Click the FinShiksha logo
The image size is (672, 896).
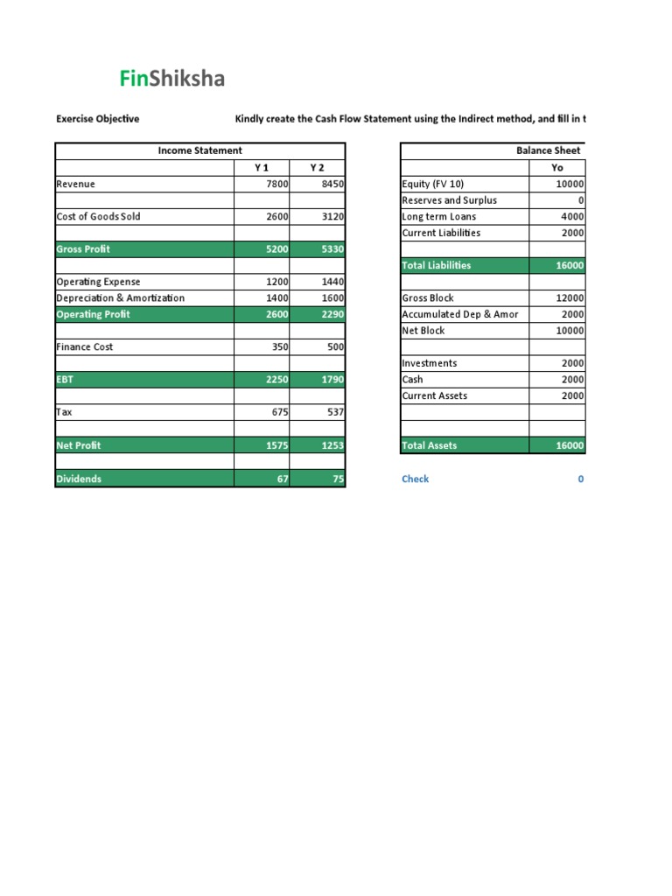tap(171, 79)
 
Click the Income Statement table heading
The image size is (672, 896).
tap(199, 150)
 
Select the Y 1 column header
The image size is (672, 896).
tap(262, 167)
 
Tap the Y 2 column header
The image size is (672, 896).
tap(317, 167)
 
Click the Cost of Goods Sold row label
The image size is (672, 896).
tap(98, 216)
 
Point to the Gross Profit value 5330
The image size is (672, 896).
tap(332, 249)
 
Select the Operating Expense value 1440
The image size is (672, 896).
tap(332, 282)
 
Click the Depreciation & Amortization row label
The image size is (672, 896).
tap(120, 298)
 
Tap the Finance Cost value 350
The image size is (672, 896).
tap(279, 347)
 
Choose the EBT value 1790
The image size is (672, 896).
tap(332, 380)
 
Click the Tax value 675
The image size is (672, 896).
tap(279, 413)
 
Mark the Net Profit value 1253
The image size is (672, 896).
tap(332, 445)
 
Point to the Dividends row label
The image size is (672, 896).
tap(79, 479)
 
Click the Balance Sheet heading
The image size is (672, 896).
tap(548, 150)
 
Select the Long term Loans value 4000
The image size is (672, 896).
tap(572, 216)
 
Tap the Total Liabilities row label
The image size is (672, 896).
tap(436, 265)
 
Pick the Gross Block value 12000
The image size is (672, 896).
tap(570, 298)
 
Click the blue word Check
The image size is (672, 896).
tap(415, 479)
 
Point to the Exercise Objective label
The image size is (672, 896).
tap(97, 119)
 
